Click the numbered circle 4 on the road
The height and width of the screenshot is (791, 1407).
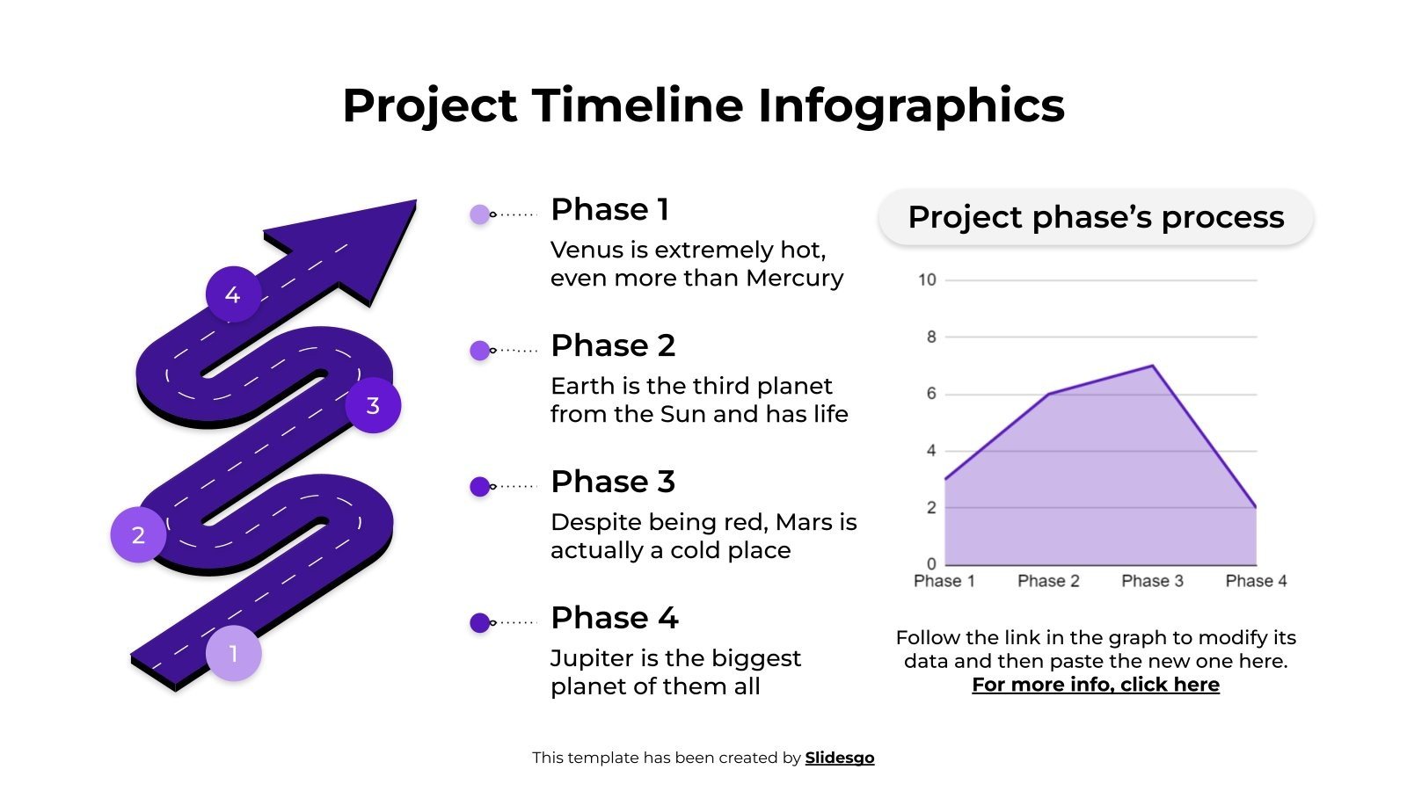[x=233, y=294]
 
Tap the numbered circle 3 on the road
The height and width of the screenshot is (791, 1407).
[x=373, y=405]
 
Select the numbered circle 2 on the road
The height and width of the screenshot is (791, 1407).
[x=138, y=534]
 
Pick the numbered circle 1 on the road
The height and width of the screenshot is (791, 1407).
[x=233, y=653]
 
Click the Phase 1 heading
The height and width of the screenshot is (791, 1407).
[x=609, y=209]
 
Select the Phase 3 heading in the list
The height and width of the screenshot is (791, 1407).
[x=612, y=482]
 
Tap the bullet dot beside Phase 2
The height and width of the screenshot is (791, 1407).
[x=479, y=351]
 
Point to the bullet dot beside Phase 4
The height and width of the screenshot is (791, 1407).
[x=479, y=623]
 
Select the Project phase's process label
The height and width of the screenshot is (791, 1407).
[x=1096, y=217]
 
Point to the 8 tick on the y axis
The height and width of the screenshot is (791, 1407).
[x=930, y=337]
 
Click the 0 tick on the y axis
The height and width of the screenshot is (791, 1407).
[x=931, y=563]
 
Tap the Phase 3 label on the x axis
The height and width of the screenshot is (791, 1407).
[x=1152, y=581]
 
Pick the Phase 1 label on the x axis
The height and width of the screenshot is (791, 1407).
[x=944, y=581]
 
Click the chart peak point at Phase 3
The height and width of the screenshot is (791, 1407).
[x=1152, y=366]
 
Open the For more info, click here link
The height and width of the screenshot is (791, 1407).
[x=1096, y=685]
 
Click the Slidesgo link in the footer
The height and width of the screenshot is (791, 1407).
[x=839, y=758]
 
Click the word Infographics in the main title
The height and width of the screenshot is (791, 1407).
[x=910, y=105]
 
